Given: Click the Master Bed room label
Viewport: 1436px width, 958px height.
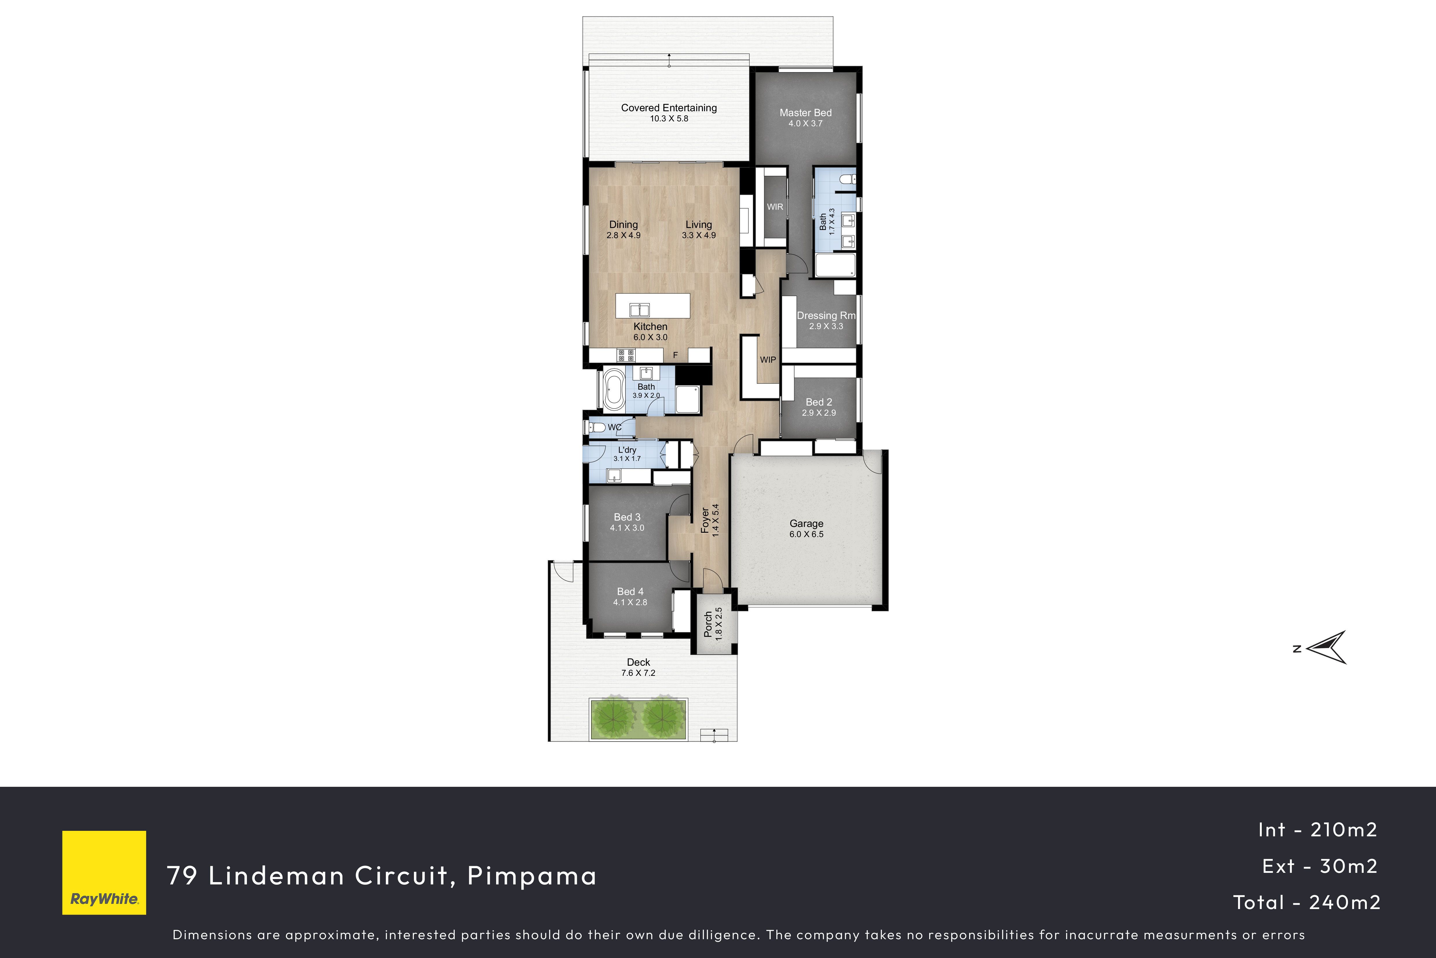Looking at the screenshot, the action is pyautogui.click(x=805, y=113).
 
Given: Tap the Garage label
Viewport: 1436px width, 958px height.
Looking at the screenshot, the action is pyautogui.click(x=806, y=523).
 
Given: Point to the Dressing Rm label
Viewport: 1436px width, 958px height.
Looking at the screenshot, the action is pyautogui.click(x=826, y=316).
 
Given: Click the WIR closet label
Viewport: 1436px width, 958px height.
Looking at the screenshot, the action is pyautogui.click(x=775, y=207).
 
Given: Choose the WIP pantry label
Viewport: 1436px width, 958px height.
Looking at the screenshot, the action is pyautogui.click(x=768, y=360).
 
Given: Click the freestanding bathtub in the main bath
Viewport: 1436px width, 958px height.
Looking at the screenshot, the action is pyautogui.click(x=614, y=390).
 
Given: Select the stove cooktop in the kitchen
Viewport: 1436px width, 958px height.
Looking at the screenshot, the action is pyautogui.click(x=626, y=355).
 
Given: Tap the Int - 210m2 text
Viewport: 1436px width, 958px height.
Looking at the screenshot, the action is pyautogui.click(x=1318, y=830).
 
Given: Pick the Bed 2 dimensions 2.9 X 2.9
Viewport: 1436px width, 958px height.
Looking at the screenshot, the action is pyautogui.click(x=819, y=413).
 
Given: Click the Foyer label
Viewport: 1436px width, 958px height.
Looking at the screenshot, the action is pyautogui.click(x=705, y=521).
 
